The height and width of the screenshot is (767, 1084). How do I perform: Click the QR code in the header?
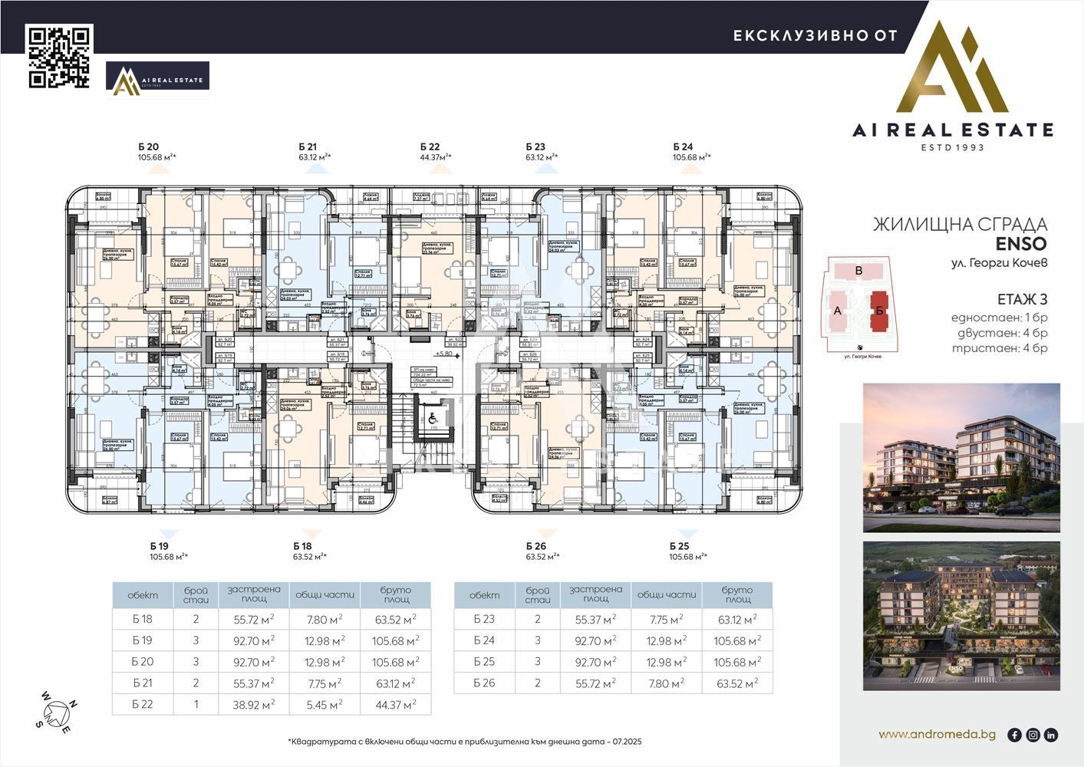[60, 57]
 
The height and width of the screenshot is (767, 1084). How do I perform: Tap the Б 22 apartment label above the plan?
[430, 146]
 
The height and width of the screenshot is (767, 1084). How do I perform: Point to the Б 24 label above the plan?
[683, 146]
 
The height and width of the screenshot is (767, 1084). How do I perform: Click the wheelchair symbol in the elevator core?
[432, 419]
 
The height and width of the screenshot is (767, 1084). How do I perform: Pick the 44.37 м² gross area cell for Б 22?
[395, 704]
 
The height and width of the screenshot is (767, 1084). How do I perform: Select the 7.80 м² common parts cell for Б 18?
[324, 619]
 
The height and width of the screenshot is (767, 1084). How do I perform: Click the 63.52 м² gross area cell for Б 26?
[736, 683]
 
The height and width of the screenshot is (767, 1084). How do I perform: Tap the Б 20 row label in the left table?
[143, 661]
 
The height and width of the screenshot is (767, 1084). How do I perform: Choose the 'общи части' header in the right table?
[666, 594]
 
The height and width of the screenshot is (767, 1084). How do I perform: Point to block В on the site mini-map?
[858, 271]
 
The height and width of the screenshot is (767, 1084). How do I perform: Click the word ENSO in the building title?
[1020, 245]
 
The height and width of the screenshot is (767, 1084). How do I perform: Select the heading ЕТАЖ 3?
[1022, 299]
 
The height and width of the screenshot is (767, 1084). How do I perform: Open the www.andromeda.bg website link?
[937, 734]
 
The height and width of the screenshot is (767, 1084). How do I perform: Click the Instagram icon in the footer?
[1033, 735]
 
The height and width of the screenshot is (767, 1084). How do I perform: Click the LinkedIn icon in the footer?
[1050, 735]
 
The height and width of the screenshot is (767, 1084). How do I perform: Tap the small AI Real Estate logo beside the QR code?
[157, 80]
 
